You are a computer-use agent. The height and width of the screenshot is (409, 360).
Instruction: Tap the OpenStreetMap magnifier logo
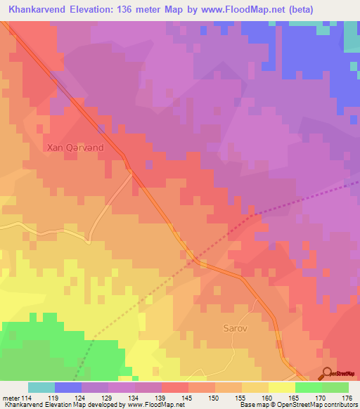328,373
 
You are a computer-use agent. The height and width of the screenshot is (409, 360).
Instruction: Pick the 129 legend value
108,398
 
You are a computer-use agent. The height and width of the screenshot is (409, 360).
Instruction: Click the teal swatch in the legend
41,387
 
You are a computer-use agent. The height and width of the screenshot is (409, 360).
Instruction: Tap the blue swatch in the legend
68,387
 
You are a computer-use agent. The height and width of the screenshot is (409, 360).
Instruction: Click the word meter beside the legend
11,398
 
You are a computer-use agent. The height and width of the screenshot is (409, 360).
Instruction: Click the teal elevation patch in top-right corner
352,39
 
